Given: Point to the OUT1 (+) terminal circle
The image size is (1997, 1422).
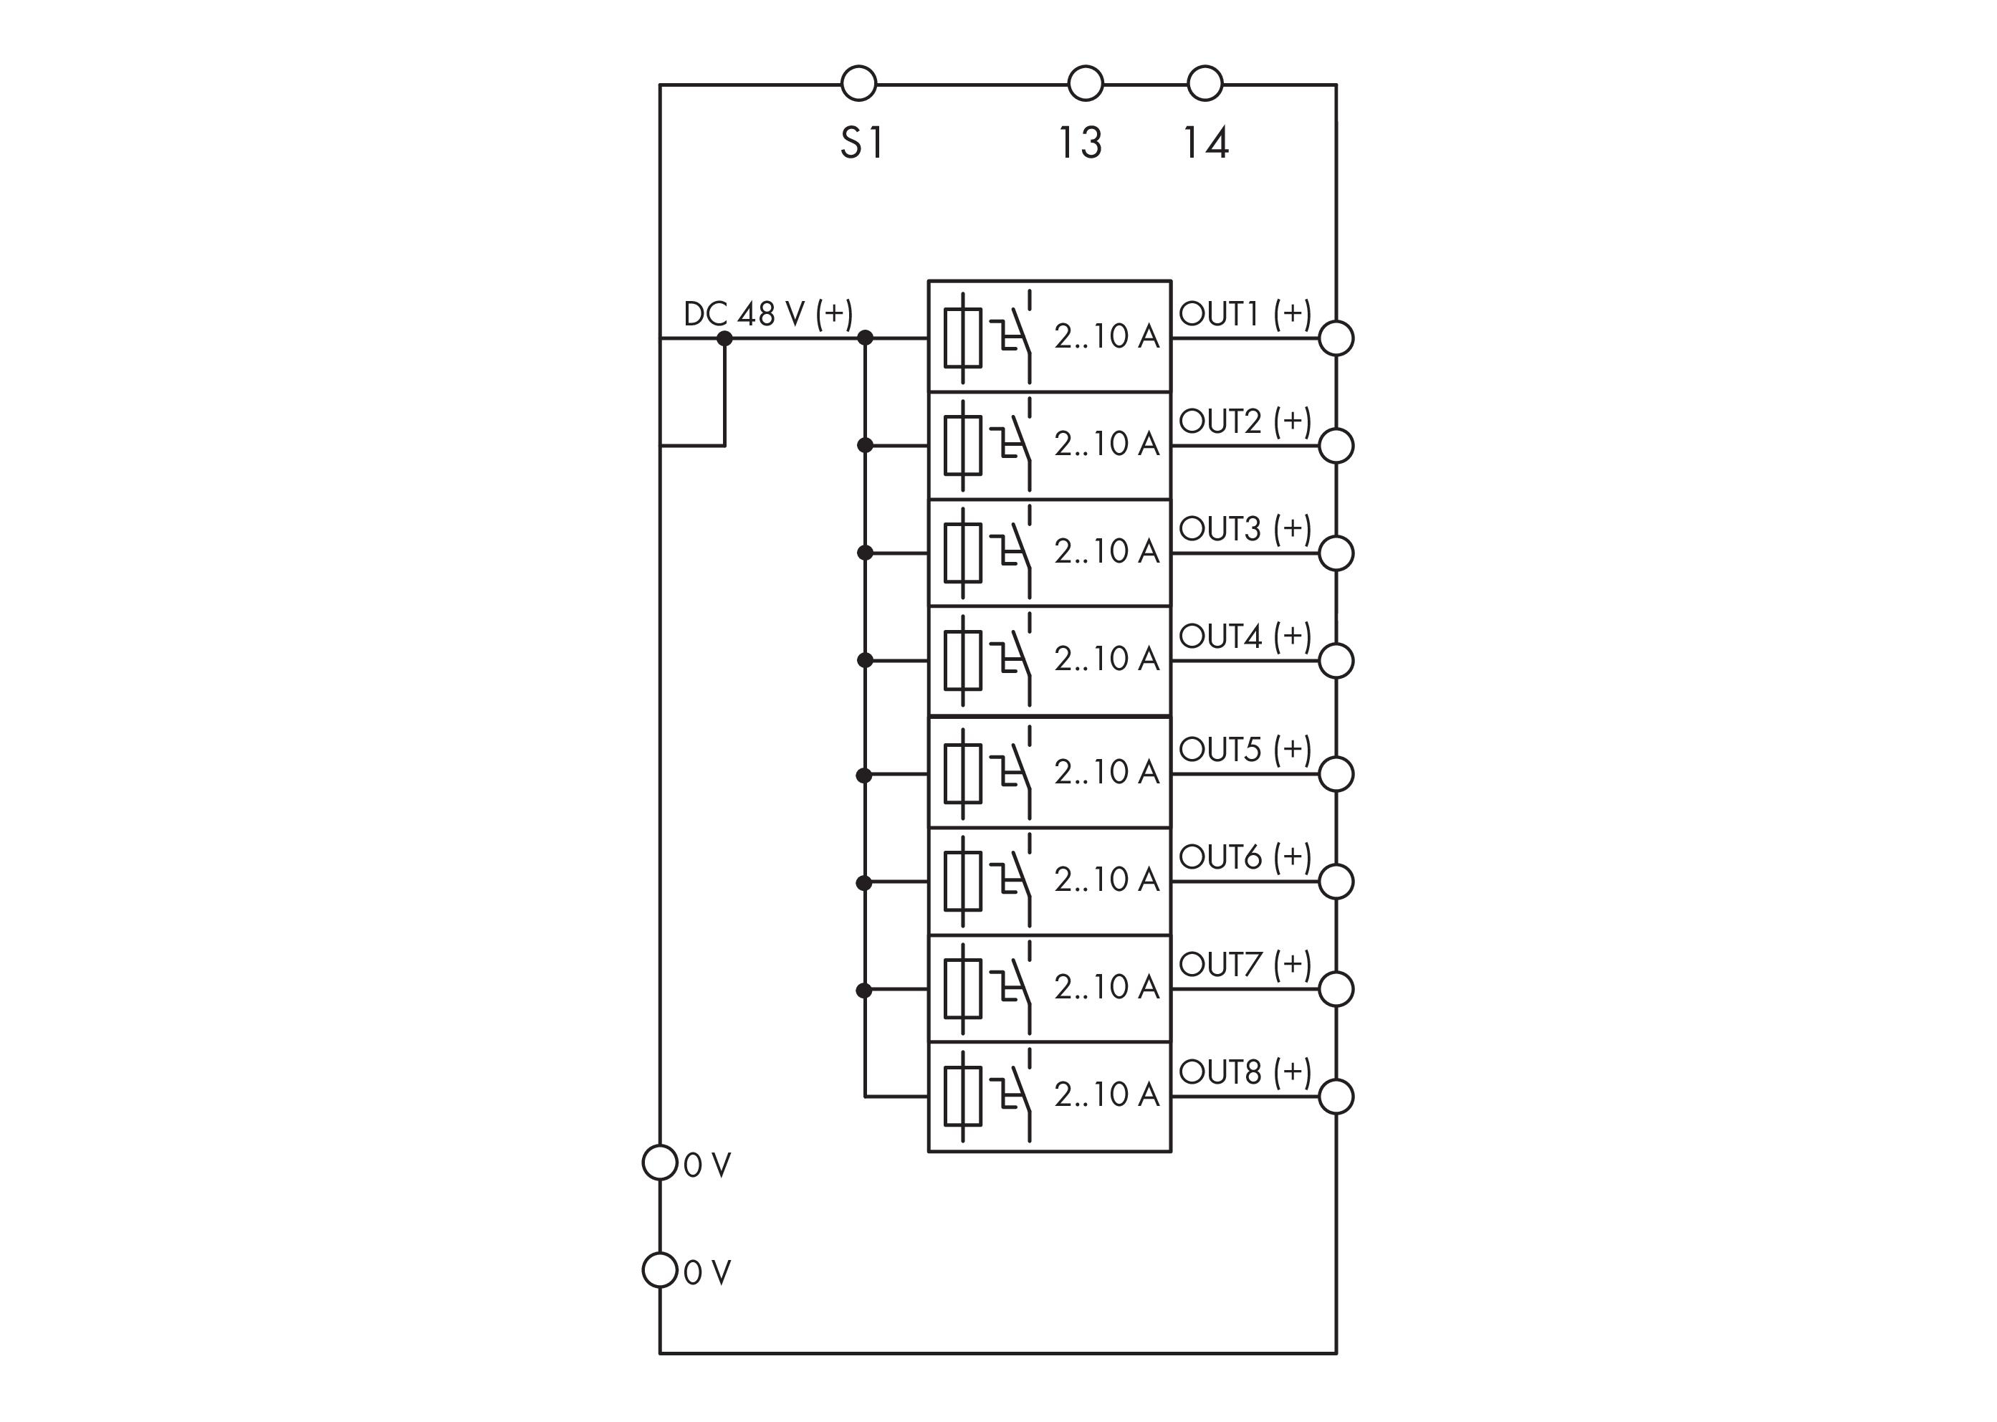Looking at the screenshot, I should click(1336, 338).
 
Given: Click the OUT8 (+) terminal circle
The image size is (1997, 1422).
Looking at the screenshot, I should click(1336, 1097).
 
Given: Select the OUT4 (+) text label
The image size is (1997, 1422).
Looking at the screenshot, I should click(1244, 636).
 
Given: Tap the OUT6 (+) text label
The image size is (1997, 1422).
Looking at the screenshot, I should click(1244, 857).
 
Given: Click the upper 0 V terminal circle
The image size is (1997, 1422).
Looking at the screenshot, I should click(660, 1163).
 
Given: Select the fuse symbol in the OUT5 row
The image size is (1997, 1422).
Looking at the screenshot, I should click(963, 773).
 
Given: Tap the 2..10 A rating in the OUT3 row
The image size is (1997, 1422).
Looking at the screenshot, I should click(1106, 552).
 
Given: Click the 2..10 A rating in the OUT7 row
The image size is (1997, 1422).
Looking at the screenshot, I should click(1106, 988).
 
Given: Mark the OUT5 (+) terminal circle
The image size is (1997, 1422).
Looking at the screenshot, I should click(1336, 774).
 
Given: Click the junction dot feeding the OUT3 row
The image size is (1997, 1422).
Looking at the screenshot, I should click(865, 553).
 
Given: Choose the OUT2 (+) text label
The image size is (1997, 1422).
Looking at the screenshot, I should click(1244, 421).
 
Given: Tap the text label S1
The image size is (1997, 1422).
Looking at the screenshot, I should click(863, 143).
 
